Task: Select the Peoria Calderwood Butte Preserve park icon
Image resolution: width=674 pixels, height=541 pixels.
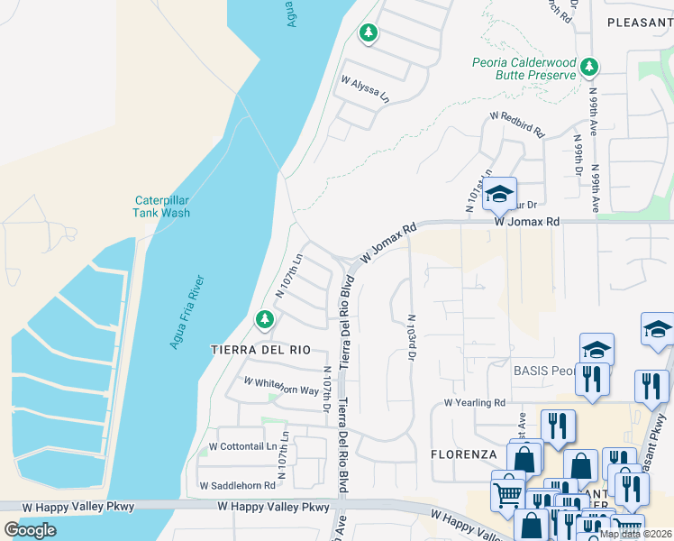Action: point(588,66)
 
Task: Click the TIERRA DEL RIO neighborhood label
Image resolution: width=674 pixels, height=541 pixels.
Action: point(260,349)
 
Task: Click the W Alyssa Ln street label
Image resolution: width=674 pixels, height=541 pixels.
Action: point(365,87)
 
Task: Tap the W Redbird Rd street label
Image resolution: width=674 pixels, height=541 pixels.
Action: point(518,124)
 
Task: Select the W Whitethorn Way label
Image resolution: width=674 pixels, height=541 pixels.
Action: point(282,386)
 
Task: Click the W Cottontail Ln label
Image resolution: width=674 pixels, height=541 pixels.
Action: point(242,446)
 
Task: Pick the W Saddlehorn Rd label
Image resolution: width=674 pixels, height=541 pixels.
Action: point(238,485)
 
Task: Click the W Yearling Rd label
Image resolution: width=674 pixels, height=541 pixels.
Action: point(474,403)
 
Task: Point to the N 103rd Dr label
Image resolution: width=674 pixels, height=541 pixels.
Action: point(412,337)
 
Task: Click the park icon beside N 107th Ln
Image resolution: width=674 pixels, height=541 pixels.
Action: point(264,318)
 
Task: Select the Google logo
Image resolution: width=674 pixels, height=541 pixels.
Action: point(31,529)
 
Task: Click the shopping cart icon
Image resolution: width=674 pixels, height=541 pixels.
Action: point(507,492)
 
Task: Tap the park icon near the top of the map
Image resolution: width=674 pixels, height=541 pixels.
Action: point(368,33)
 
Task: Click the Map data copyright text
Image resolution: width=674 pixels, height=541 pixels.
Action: point(635,534)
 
